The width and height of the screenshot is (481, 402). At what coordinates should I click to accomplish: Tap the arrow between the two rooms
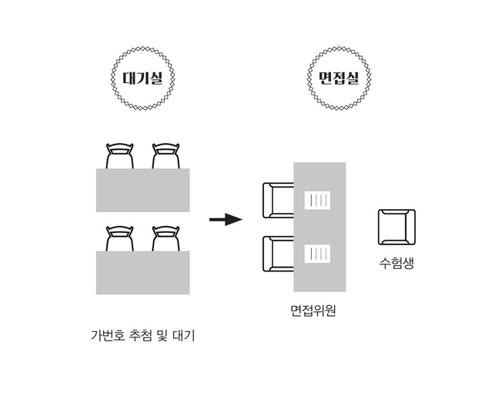[x=225, y=220]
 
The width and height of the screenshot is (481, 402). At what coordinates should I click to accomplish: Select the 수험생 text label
[x=396, y=262]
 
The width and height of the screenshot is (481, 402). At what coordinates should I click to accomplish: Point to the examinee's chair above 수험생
[x=396, y=228]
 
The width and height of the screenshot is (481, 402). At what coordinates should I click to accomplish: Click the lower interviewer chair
[x=277, y=254]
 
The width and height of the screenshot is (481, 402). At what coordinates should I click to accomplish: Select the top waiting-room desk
[x=142, y=190]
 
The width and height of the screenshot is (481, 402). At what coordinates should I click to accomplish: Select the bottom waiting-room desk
[x=142, y=272]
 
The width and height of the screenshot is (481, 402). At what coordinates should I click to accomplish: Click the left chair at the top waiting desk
[x=120, y=156]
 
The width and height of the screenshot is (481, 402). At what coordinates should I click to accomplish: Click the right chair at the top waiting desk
[x=166, y=156]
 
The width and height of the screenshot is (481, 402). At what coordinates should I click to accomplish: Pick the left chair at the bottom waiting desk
[x=120, y=238]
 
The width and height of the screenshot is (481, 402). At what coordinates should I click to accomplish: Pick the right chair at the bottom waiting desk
[x=166, y=238]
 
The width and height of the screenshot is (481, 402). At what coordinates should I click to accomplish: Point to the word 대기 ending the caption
[x=184, y=336]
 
